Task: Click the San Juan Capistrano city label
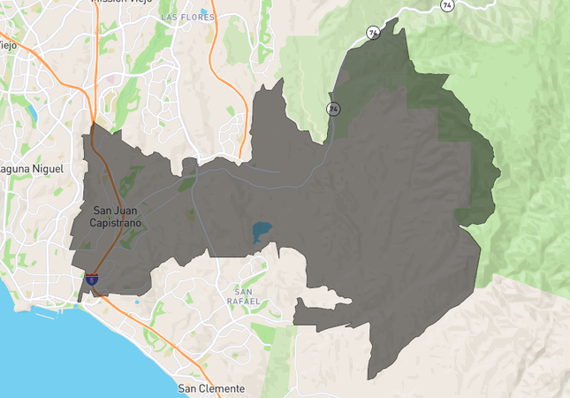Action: click(115, 217)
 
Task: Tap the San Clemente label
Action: click(211, 388)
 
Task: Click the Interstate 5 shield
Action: click(93, 279)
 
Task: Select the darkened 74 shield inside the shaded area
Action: click(333, 109)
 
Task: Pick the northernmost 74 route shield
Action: click(448, 5)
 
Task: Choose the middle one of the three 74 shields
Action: click(374, 34)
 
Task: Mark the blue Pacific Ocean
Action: click(53, 354)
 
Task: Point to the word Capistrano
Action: click(115, 223)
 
